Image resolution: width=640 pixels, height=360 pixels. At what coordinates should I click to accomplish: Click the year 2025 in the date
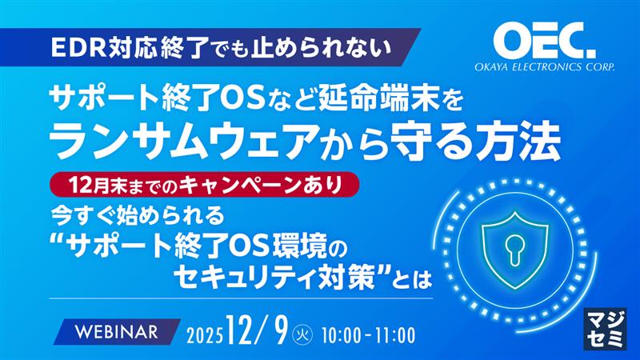click(x=204, y=333)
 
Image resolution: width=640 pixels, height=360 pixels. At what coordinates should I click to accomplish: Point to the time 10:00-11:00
click(x=369, y=333)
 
